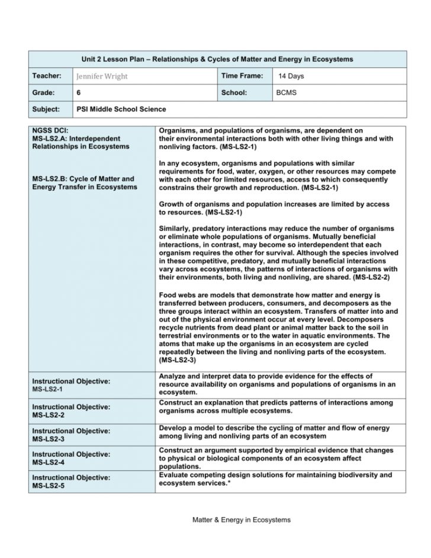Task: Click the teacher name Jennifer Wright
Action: (x=102, y=76)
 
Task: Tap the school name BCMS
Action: (x=287, y=93)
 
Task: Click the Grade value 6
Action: (x=79, y=93)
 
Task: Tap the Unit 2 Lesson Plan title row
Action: (x=217, y=59)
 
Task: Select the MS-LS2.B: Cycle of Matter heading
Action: (x=83, y=179)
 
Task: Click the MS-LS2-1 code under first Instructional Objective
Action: (x=47, y=390)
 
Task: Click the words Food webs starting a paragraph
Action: (x=177, y=294)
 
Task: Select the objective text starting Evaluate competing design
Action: (x=275, y=479)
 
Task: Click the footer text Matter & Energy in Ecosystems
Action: (x=242, y=519)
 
